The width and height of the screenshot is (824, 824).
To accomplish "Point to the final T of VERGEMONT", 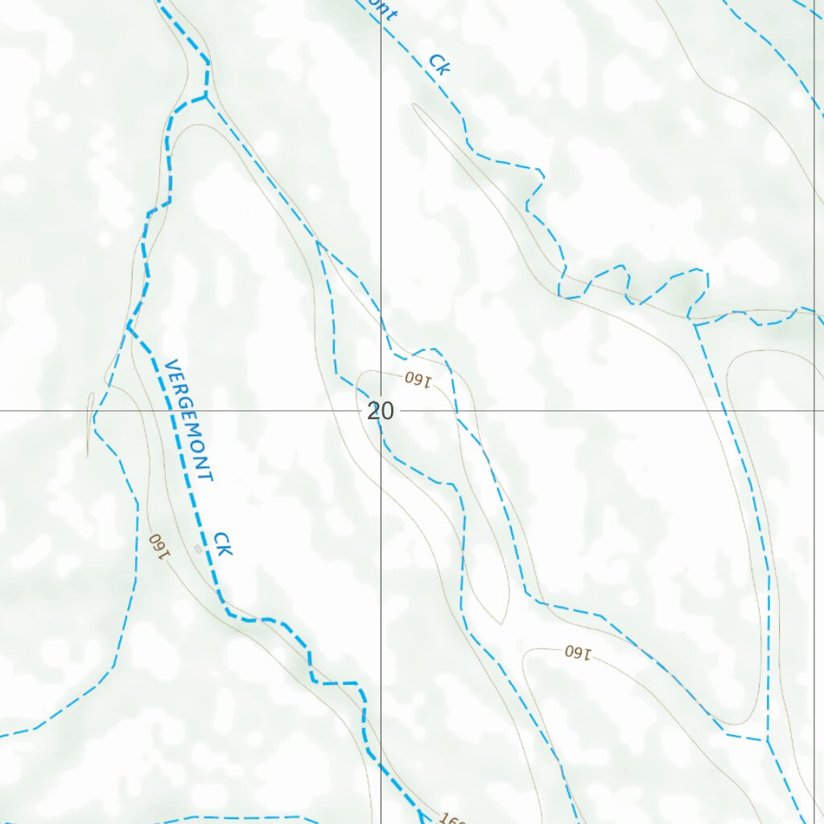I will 208,476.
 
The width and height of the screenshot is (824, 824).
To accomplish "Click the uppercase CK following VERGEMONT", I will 223,544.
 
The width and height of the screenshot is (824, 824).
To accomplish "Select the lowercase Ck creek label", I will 439,64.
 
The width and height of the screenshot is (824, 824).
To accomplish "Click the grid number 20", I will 381,412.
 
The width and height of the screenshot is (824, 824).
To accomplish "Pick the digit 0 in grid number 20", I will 388,412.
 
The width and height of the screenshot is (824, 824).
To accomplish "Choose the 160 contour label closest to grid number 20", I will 418,378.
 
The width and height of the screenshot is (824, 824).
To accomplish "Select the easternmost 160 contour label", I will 577,652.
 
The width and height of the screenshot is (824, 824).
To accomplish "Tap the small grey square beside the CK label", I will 198,549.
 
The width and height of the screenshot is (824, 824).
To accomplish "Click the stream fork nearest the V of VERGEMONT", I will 129,325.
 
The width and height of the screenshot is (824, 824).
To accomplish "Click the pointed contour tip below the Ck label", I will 415,105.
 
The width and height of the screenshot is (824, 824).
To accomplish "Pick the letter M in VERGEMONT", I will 193,435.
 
